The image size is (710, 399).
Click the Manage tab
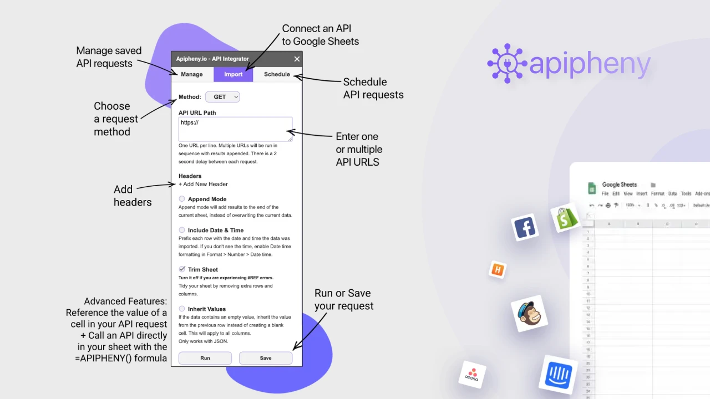point(192,74)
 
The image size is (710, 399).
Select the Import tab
point(233,74)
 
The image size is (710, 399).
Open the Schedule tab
point(277,74)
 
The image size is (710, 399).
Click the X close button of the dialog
point(297,59)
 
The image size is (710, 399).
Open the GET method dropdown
point(222,97)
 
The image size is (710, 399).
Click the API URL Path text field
point(235,129)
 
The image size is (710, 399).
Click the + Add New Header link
point(203,184)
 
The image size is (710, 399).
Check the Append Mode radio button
point(182,199)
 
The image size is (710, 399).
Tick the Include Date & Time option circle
point(182,230)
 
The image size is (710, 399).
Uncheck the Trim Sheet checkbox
point(182,269)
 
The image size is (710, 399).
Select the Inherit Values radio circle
point(182,309)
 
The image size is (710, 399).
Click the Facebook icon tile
point(525,227)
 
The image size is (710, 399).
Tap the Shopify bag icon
point(566,218)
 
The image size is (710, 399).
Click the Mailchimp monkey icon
point(529,314)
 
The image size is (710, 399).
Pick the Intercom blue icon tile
point(558,375)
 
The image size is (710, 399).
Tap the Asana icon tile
point(472,375)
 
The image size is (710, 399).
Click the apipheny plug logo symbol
point(506,64)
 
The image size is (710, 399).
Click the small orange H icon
point(498,270)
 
